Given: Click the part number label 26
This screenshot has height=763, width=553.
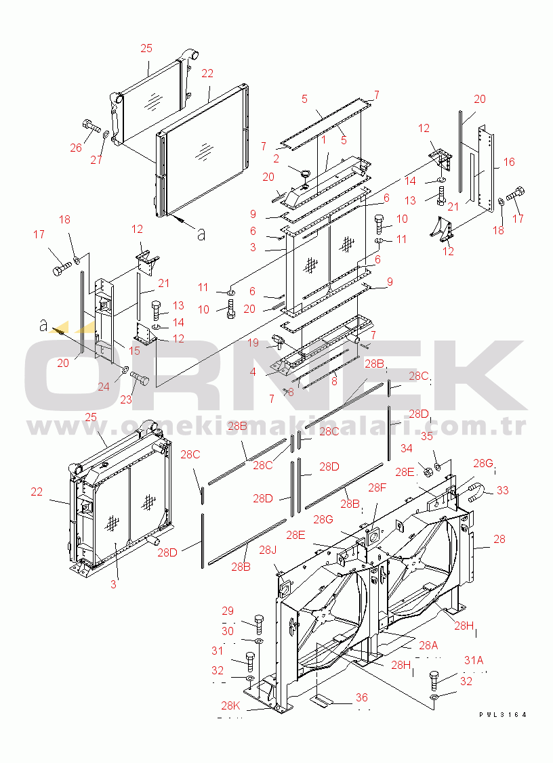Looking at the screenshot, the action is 76,148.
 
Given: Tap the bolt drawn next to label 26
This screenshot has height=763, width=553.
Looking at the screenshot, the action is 91,125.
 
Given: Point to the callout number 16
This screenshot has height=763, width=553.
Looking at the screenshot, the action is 509,162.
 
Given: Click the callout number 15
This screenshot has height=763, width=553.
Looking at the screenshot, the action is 134,351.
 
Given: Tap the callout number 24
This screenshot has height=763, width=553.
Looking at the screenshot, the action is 103,387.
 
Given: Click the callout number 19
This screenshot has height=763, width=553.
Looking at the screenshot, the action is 253,343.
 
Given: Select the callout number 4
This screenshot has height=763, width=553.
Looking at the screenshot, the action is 253,372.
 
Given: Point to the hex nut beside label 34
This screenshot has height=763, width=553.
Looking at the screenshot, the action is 428,471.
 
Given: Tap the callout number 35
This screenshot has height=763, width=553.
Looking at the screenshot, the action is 427,436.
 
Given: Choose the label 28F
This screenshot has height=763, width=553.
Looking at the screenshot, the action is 377,487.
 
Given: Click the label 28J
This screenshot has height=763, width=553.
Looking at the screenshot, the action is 268,550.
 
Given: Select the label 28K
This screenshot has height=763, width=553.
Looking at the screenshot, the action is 230,705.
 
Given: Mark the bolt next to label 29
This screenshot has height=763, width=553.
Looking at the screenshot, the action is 259,624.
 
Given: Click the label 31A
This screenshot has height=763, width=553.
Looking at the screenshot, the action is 474,660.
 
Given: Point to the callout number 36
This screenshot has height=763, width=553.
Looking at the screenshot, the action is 361,698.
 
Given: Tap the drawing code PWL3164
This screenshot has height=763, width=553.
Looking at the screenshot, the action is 502,715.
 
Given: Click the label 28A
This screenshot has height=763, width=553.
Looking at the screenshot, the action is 428,645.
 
